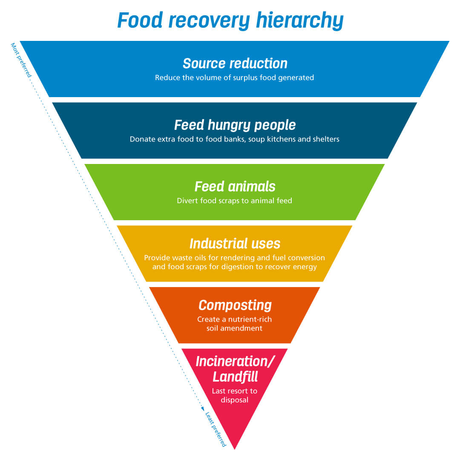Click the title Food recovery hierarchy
(x=230, y=20)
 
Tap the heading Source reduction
(x=235, y=63)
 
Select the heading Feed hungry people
(x=235, y=125)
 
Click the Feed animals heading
(x=235, y=187)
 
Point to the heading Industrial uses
(x=235, y=244)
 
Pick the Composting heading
(x=235, y=305)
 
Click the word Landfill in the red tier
(x=235, y=377)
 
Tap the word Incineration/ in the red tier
(x=235, y=362)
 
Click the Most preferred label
(x=21, y=60)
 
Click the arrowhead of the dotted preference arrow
(x=203, y=408)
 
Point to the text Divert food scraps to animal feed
(x=235, y=201)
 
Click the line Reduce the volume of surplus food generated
(x=235, y=78)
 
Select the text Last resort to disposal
(x=235, y=395)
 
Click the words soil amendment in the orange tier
(x=235, y=328)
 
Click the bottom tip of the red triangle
(x=235, y=448)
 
